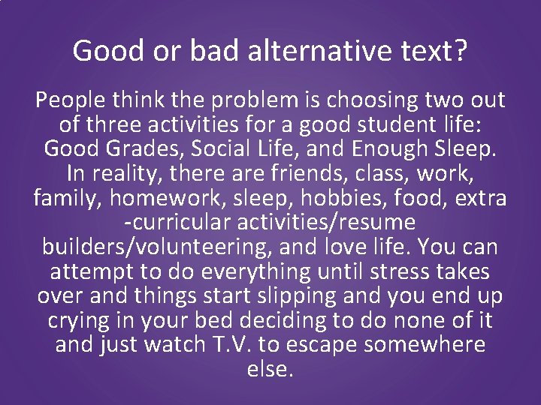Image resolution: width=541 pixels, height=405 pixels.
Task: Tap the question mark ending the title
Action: [x=459, y=50]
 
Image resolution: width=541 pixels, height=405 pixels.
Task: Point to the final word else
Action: [x=269, y=370]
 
